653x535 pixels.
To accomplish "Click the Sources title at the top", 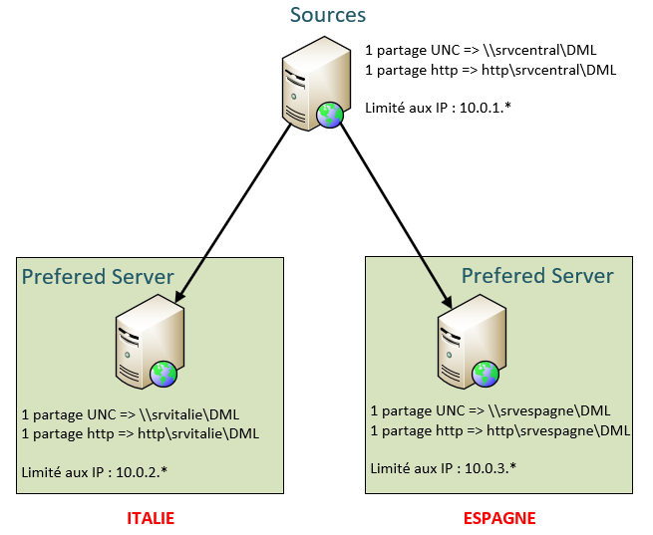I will pos(327,15).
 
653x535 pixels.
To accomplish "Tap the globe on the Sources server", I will pos(330,115).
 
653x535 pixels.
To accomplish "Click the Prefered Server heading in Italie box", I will pos(98,276).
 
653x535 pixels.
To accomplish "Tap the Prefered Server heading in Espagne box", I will pos(537,275).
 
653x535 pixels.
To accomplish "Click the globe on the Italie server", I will pos(164,374).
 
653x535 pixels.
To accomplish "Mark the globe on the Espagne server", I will pos(486,374).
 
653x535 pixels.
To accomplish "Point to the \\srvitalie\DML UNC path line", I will pos(130,414).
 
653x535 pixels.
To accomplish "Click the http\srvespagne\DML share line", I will pos(499,430).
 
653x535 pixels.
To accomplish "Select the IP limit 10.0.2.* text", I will pos(94,470).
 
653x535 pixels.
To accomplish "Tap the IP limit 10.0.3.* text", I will pos(444,467).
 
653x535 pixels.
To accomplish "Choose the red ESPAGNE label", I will pos(499,518).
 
